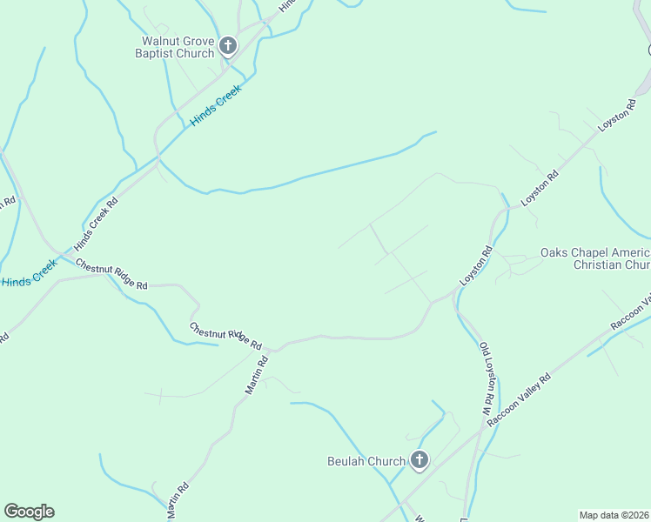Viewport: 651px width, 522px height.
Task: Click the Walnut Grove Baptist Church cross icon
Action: click(x=228, y=46)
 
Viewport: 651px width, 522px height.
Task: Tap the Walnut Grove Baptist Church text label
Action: click(x=178, y=47)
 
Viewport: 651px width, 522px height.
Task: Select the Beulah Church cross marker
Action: click(x=419, y=460)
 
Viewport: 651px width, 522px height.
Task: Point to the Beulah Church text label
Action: click(x=366, y=461)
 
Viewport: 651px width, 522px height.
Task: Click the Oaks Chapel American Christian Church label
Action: click(x=595, y=258)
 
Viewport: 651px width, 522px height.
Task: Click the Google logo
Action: click(x=29, y=512)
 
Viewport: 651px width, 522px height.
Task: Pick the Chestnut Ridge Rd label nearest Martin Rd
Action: click(x=226, y=336)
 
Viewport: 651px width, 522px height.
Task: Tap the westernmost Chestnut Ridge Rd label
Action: click(x=111, y=274)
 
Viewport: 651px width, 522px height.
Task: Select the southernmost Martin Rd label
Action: click(x=177, y=502)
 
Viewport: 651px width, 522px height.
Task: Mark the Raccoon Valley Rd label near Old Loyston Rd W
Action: click(x=520, y=400)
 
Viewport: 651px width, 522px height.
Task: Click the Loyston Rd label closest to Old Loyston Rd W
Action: click(x=477, y=267)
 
